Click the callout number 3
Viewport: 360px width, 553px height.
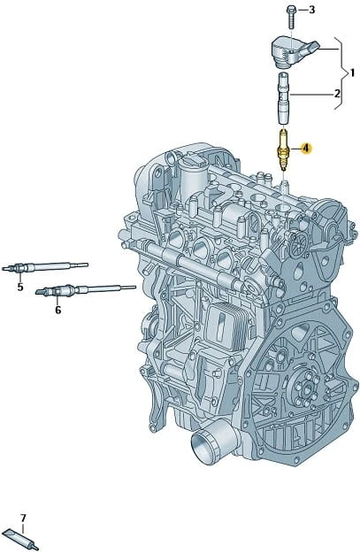point(311,10)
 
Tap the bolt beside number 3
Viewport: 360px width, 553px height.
point(290,17)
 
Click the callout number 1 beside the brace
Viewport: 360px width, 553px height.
point(351,73)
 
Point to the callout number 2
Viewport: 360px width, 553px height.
point(337,94)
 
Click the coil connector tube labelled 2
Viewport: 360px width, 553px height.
point(284,98)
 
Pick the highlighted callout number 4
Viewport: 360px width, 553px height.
point(306,149)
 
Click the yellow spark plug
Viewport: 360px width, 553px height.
point(283,150)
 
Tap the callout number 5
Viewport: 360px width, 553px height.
point(20,287)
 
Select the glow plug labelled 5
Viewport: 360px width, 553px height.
point(45,267)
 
